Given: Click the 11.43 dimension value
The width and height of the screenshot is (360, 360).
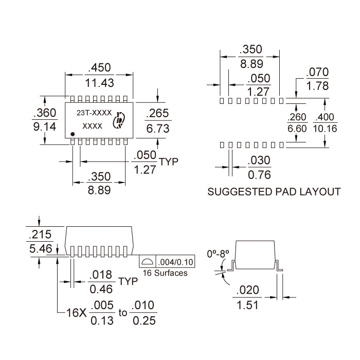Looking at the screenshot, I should tap(99, 83).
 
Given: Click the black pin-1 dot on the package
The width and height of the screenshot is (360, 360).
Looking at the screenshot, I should tap(73, 135).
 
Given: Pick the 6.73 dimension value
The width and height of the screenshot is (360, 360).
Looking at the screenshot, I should tap(158, 129).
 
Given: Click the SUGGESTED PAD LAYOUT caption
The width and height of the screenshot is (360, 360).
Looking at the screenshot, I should tap(273, 192).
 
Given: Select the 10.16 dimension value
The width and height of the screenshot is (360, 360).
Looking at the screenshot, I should tap(325, 129).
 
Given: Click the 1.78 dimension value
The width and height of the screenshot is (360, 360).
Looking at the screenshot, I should tap(317, 86).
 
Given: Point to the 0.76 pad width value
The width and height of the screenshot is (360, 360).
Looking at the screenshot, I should tap(259, 175).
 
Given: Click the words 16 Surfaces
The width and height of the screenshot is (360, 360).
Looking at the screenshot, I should tap(165, 273).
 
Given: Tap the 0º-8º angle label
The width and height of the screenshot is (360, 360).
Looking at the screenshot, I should tap(217, 254).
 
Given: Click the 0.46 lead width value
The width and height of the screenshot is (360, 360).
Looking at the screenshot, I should tap(101, 289).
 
